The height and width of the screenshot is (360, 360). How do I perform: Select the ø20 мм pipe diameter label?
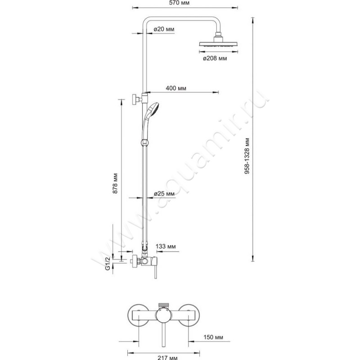[x=164, y=29]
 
